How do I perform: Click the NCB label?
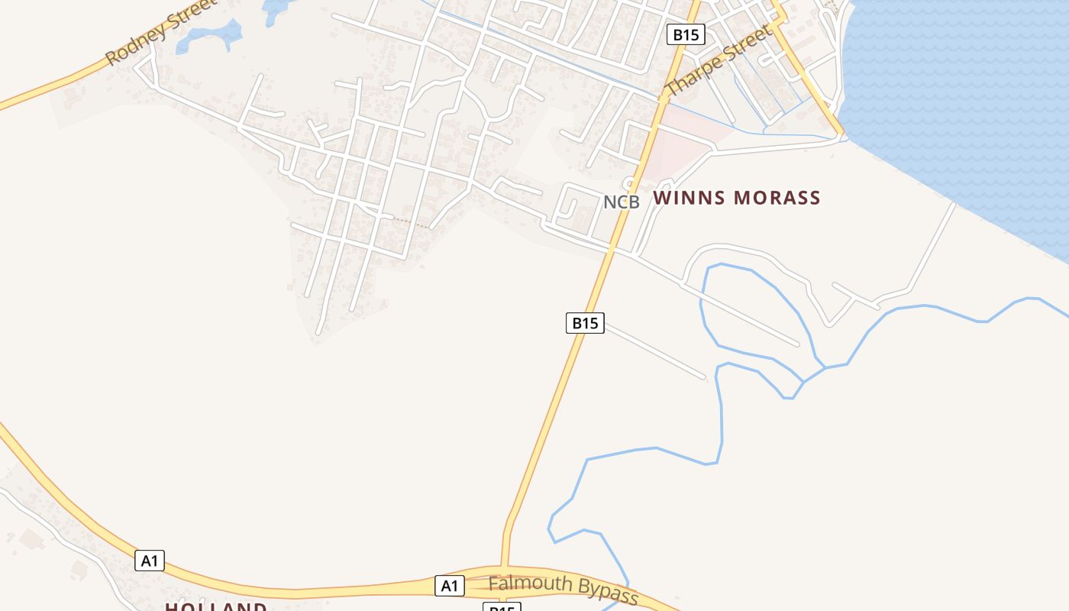(x=621, y=202)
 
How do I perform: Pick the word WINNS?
(x=688, y=198)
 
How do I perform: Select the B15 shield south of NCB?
(x=585, y=323)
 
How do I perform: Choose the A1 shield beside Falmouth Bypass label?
(x=450, y=586)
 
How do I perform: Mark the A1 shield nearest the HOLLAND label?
(x=150, y=561)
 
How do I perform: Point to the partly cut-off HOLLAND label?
(x=216, y=606)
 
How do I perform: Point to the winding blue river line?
(x=721, y=428)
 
